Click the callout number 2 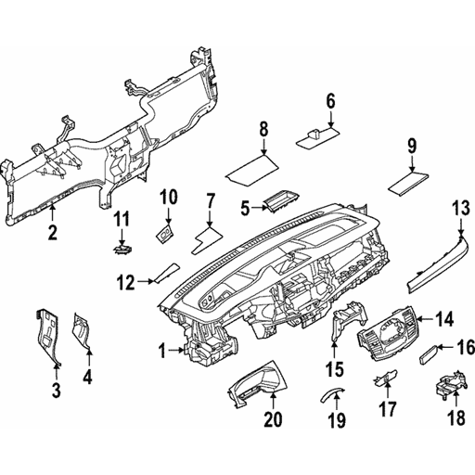(x=53, y=231)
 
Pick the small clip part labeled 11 (x=121, y=248)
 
